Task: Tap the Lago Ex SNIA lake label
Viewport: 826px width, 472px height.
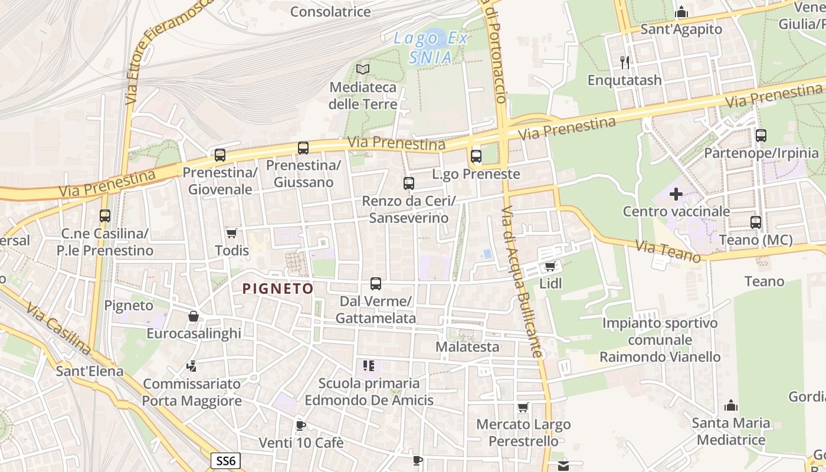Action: click(x=431, y=48)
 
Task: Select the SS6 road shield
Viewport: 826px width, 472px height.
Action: click(x=226, y=460)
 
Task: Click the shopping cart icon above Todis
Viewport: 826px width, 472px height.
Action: click(x=232, y=234)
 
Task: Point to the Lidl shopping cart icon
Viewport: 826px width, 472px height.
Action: click(x=550, y=267)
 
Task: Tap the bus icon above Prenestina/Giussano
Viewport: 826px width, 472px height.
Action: click(x=303, y=148)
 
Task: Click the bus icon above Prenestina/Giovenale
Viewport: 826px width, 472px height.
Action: click(x=220, y=155)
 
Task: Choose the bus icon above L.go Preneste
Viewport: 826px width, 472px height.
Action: click(x=476, y=156)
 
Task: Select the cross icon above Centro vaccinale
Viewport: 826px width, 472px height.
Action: click(x=676, y=194)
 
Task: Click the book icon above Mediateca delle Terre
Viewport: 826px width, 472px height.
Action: click(x=363, y=70)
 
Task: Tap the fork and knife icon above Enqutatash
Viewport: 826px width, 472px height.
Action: click(x=625, y=62)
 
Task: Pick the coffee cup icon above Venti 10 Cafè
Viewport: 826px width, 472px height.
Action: click(x=301, y=425)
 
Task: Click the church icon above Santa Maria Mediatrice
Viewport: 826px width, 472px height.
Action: click(x=731, y=405)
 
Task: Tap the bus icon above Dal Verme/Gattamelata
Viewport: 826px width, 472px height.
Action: click(x=376, y=284)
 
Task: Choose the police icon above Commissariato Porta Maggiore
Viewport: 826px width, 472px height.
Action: click(x=191, y=366)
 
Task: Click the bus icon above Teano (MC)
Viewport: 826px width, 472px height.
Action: click(x=756, y=222)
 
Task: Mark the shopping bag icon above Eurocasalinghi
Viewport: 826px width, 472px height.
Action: click(x=193, y=317)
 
